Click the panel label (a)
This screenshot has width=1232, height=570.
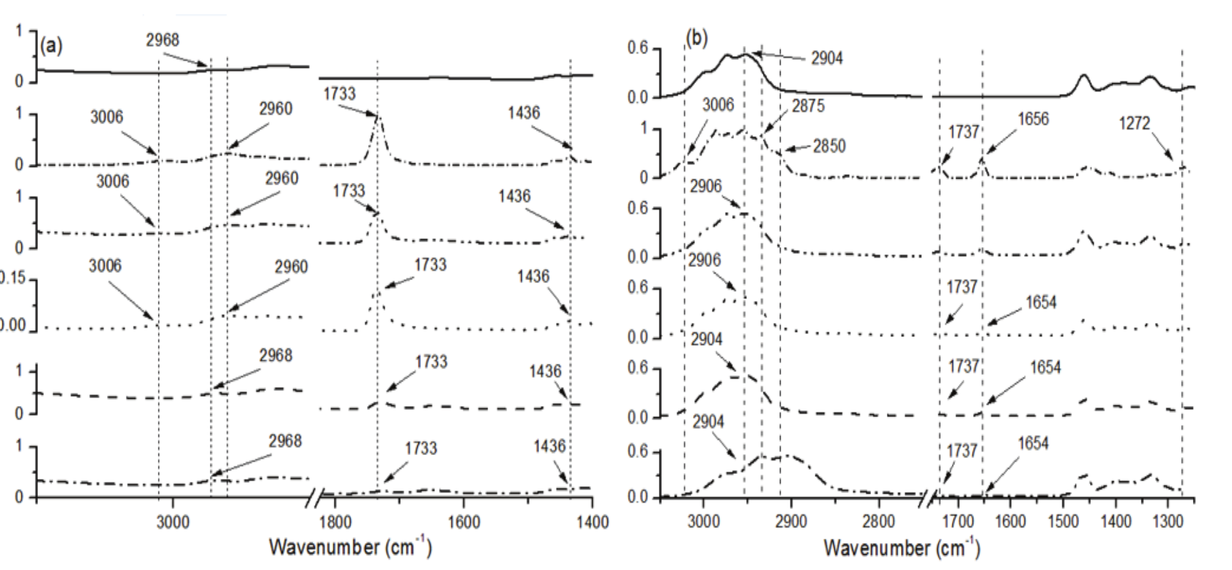[x=51, y=46]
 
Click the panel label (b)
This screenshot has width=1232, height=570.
[x=696, y=38]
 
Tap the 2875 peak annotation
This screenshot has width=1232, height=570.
[x=808, y=106]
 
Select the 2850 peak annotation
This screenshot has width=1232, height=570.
[x=829, y=147]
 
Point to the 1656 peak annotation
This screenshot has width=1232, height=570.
[x=1033, y=119]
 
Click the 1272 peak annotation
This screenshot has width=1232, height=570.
[x=1135, y=124]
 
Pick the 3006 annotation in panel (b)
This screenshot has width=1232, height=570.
[x=718, y=105]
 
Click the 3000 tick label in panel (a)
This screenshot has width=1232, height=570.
[x=173, y=522]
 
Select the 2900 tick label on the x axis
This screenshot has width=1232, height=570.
[x=791, y=522]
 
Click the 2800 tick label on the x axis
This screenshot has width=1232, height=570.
[x=878, y=522]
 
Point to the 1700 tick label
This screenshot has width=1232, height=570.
[x=958, y=522]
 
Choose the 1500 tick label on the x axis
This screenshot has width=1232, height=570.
[x=1063, y=522]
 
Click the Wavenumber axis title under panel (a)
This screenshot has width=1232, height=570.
[x=350, y=546]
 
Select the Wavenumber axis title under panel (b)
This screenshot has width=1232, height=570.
[x=902, y=547]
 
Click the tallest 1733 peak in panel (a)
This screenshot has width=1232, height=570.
[x=378, y=117]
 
